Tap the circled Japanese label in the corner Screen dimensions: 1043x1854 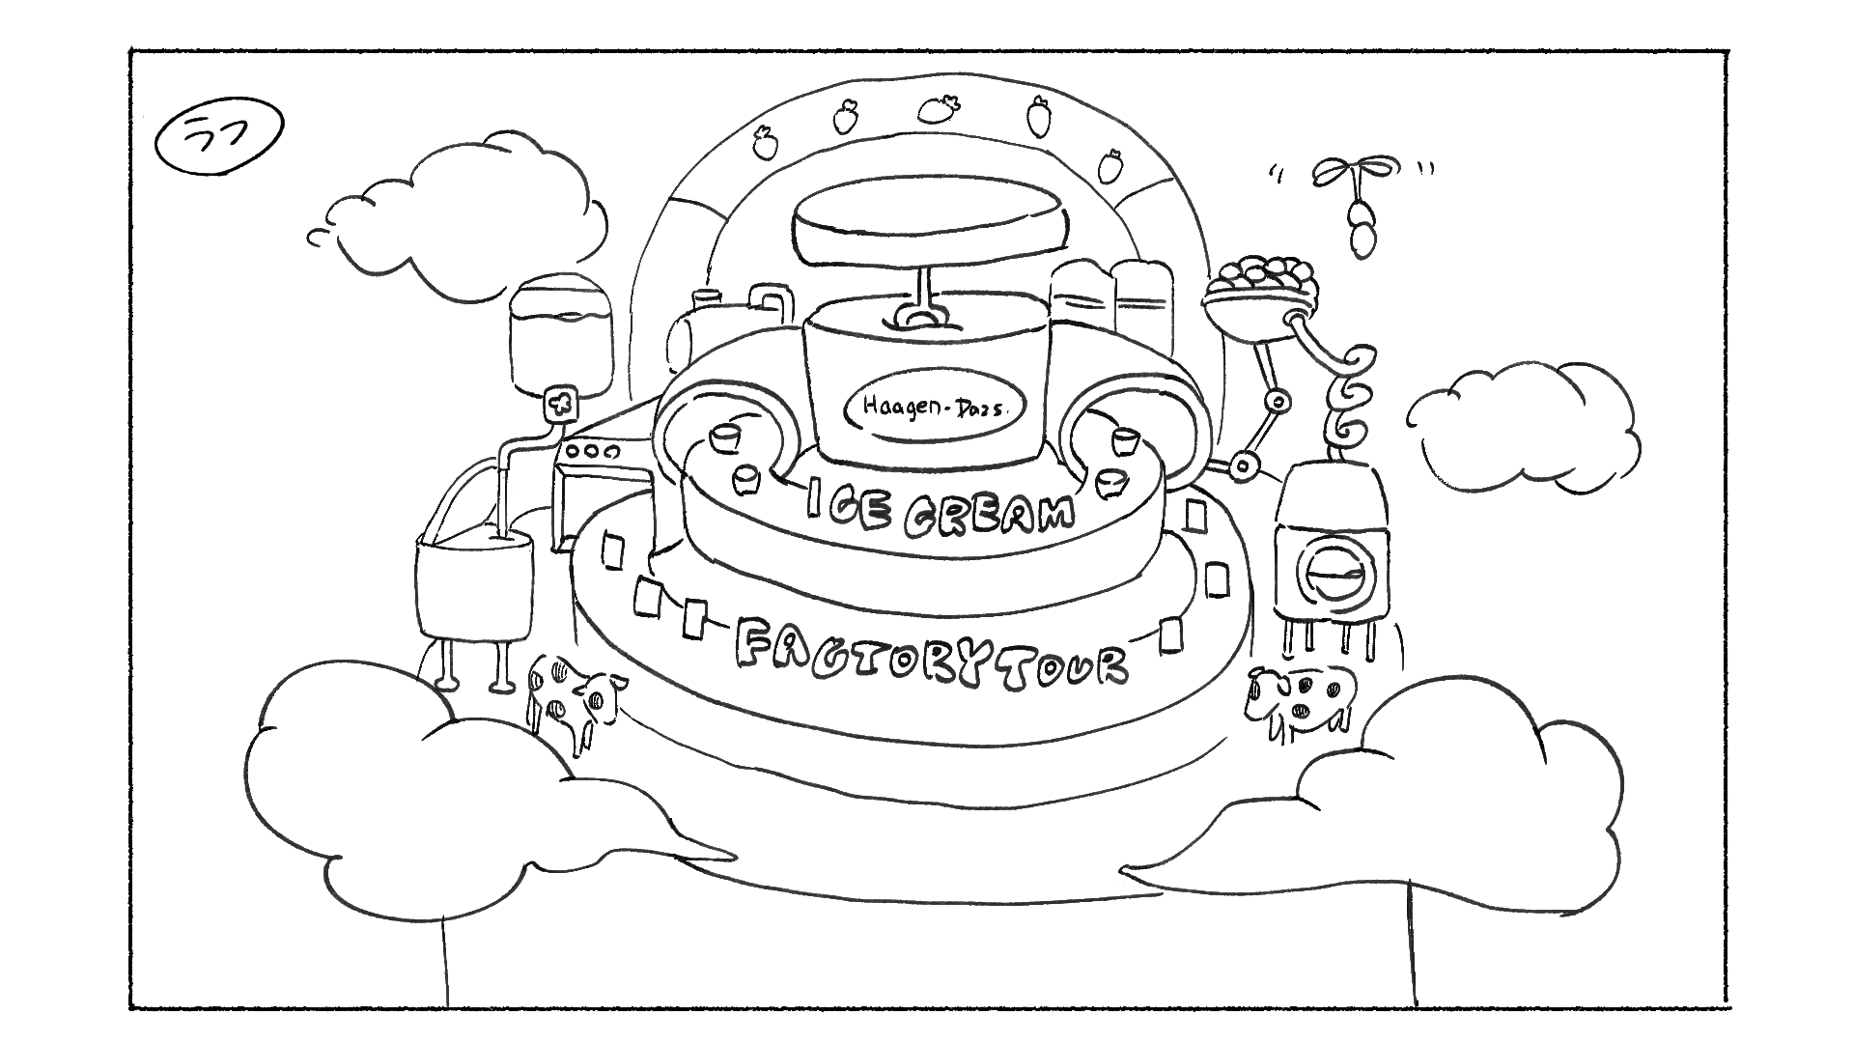218,141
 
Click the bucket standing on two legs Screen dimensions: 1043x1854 473,589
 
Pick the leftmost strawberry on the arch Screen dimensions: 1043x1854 766,143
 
